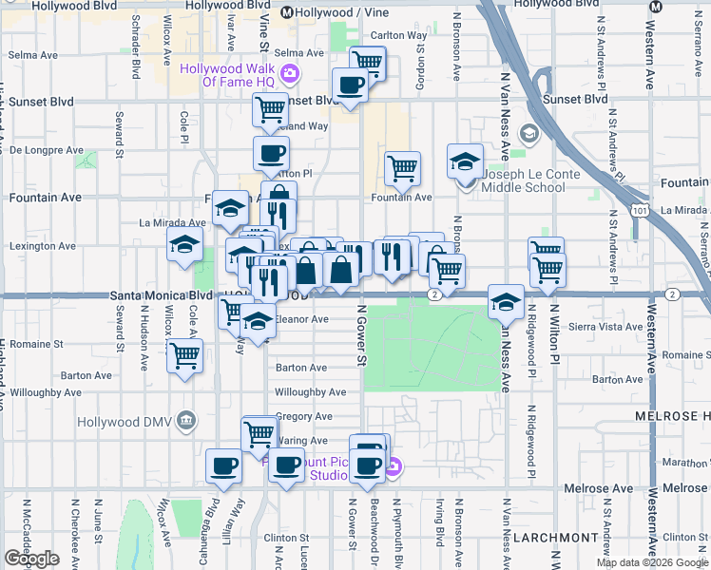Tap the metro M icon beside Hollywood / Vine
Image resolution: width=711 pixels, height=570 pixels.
[x=286, y=12]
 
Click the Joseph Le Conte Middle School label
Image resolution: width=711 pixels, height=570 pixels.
[x=525, y=180]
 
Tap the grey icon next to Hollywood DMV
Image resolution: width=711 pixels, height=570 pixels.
[x=185, y=420]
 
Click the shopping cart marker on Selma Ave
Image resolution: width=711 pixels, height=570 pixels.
[x=367, y=63]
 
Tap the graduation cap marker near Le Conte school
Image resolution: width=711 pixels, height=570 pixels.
[x=465, y=161]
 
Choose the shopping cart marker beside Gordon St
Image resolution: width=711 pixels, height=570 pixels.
[x=403, y=168]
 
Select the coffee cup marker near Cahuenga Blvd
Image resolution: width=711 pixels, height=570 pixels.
[x=224, y=465]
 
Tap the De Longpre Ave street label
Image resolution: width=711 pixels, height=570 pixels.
[x=47, y=150]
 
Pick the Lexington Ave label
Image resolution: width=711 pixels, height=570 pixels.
[x=42, y=246]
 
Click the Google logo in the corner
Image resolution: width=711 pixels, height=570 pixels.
[x=31, y=559]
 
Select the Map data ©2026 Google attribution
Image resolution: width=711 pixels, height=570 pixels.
[x=651, y=562]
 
